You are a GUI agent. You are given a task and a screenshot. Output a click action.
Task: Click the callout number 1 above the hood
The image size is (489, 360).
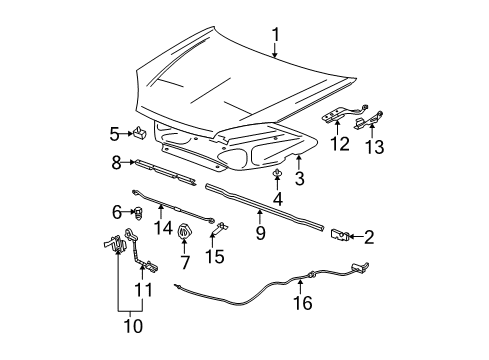pos(275,36)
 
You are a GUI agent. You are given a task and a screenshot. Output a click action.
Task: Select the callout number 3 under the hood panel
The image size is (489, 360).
pos(297,179)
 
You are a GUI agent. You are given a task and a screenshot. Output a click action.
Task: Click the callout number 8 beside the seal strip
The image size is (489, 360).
pos(116,161)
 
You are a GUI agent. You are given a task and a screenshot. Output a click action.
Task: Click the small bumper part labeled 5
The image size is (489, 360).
pos(142,131)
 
